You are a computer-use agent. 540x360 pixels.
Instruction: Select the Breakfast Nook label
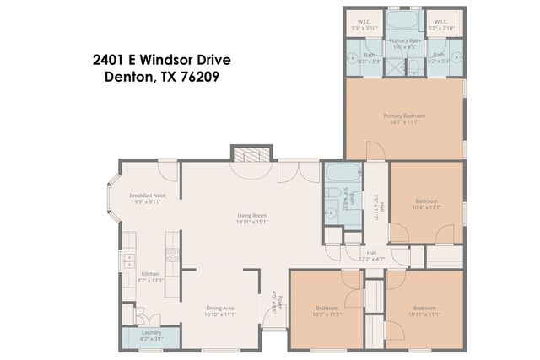(x=147, y=198)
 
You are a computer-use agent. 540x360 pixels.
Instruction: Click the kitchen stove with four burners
(x=172, y=255)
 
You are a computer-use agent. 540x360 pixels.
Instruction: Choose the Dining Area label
(x=220, y=310)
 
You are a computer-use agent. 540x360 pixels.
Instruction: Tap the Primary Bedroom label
(x=404, y=118)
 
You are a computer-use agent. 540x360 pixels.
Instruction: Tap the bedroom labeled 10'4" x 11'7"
(x=426, y=203)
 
